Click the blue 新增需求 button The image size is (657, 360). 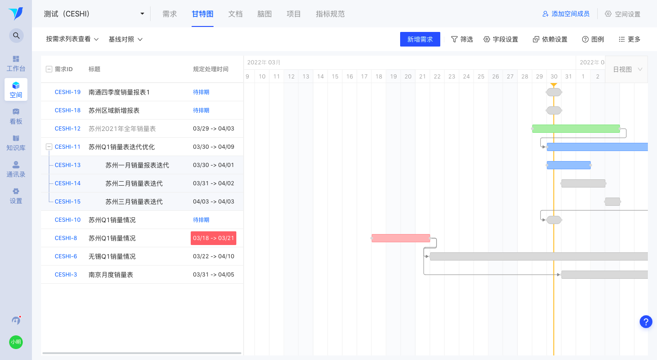pos(420,39)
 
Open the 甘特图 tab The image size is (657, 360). pos(203,14)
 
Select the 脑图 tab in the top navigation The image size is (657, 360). pos(264,14)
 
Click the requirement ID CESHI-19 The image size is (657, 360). pos(68,92)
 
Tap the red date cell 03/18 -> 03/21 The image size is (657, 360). pos(214,238)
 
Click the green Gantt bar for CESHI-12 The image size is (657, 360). pos(576,129)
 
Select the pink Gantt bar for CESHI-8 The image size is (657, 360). pos(401,238)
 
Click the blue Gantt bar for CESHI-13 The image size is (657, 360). pos(568,165)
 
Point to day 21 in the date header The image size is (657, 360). pos(422,77)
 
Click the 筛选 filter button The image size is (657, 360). pos(462,39)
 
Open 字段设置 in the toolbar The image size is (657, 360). pos(501,39)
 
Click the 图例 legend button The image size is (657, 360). pos(593,39)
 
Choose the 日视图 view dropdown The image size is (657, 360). pos(627,69)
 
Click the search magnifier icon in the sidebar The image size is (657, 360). pos(16,36)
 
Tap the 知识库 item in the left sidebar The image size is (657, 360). pos(16,143)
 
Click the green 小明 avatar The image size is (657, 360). pos(16,342)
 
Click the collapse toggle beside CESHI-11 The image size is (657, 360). pos(49,147)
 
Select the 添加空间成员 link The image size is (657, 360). pos(566,14)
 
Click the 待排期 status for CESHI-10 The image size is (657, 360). pos(201,220)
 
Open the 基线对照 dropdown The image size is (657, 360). pos(125,39)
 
